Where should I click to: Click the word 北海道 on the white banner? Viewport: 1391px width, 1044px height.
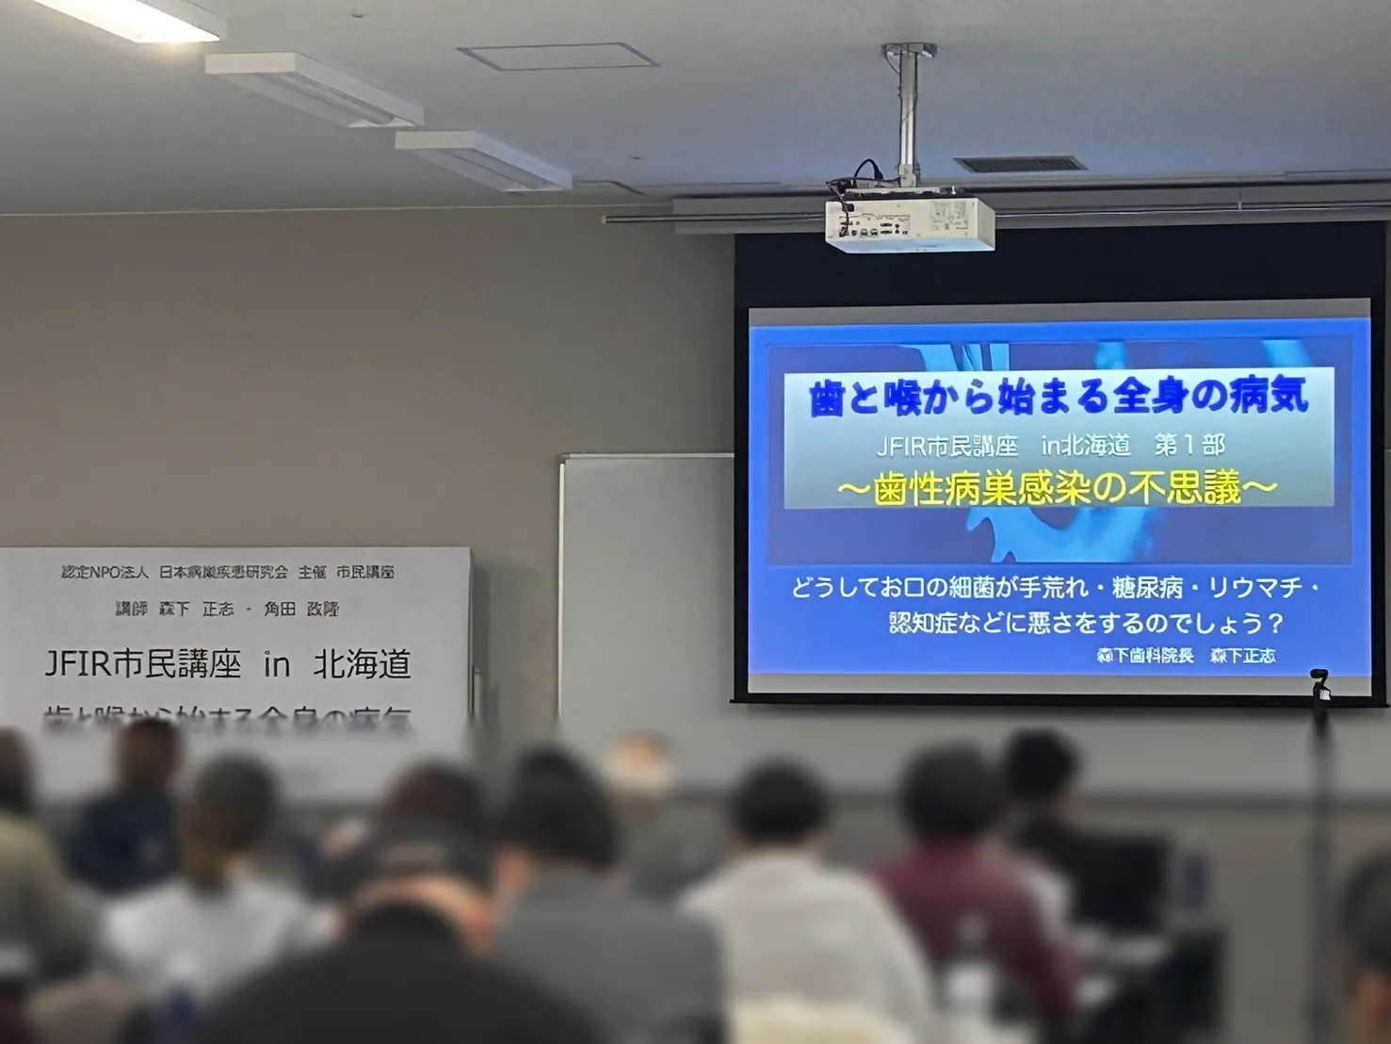[x=363, y=664]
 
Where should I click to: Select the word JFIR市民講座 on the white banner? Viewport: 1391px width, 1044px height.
[x=143, y=664]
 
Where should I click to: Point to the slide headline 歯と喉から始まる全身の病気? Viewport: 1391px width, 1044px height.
[x=1059, y=397]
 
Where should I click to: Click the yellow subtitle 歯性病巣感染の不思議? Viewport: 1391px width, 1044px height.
[x=1057, y=488]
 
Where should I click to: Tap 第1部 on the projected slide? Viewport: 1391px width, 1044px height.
[x=1189, y=445]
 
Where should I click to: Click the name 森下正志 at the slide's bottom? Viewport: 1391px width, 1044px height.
[x=1242, y=656]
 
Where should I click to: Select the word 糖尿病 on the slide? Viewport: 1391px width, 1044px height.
[x=1146, y=588]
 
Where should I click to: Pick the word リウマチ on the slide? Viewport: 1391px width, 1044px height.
[x=1255, y=588]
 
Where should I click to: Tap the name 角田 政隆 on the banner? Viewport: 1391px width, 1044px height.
[x=301, y=610]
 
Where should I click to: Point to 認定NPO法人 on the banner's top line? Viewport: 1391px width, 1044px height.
[x=105, y=572]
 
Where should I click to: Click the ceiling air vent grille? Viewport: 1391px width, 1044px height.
[x=1019, y=164]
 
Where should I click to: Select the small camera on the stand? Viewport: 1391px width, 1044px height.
[x=1320, y=686]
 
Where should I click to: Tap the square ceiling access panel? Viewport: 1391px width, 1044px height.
[x=558, y=55]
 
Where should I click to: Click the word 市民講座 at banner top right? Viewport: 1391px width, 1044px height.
[x=365, y=572]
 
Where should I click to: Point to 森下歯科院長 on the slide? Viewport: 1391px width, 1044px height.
[x=1145, y=656]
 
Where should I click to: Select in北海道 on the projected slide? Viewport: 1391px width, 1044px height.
[x=1085, y=445]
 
